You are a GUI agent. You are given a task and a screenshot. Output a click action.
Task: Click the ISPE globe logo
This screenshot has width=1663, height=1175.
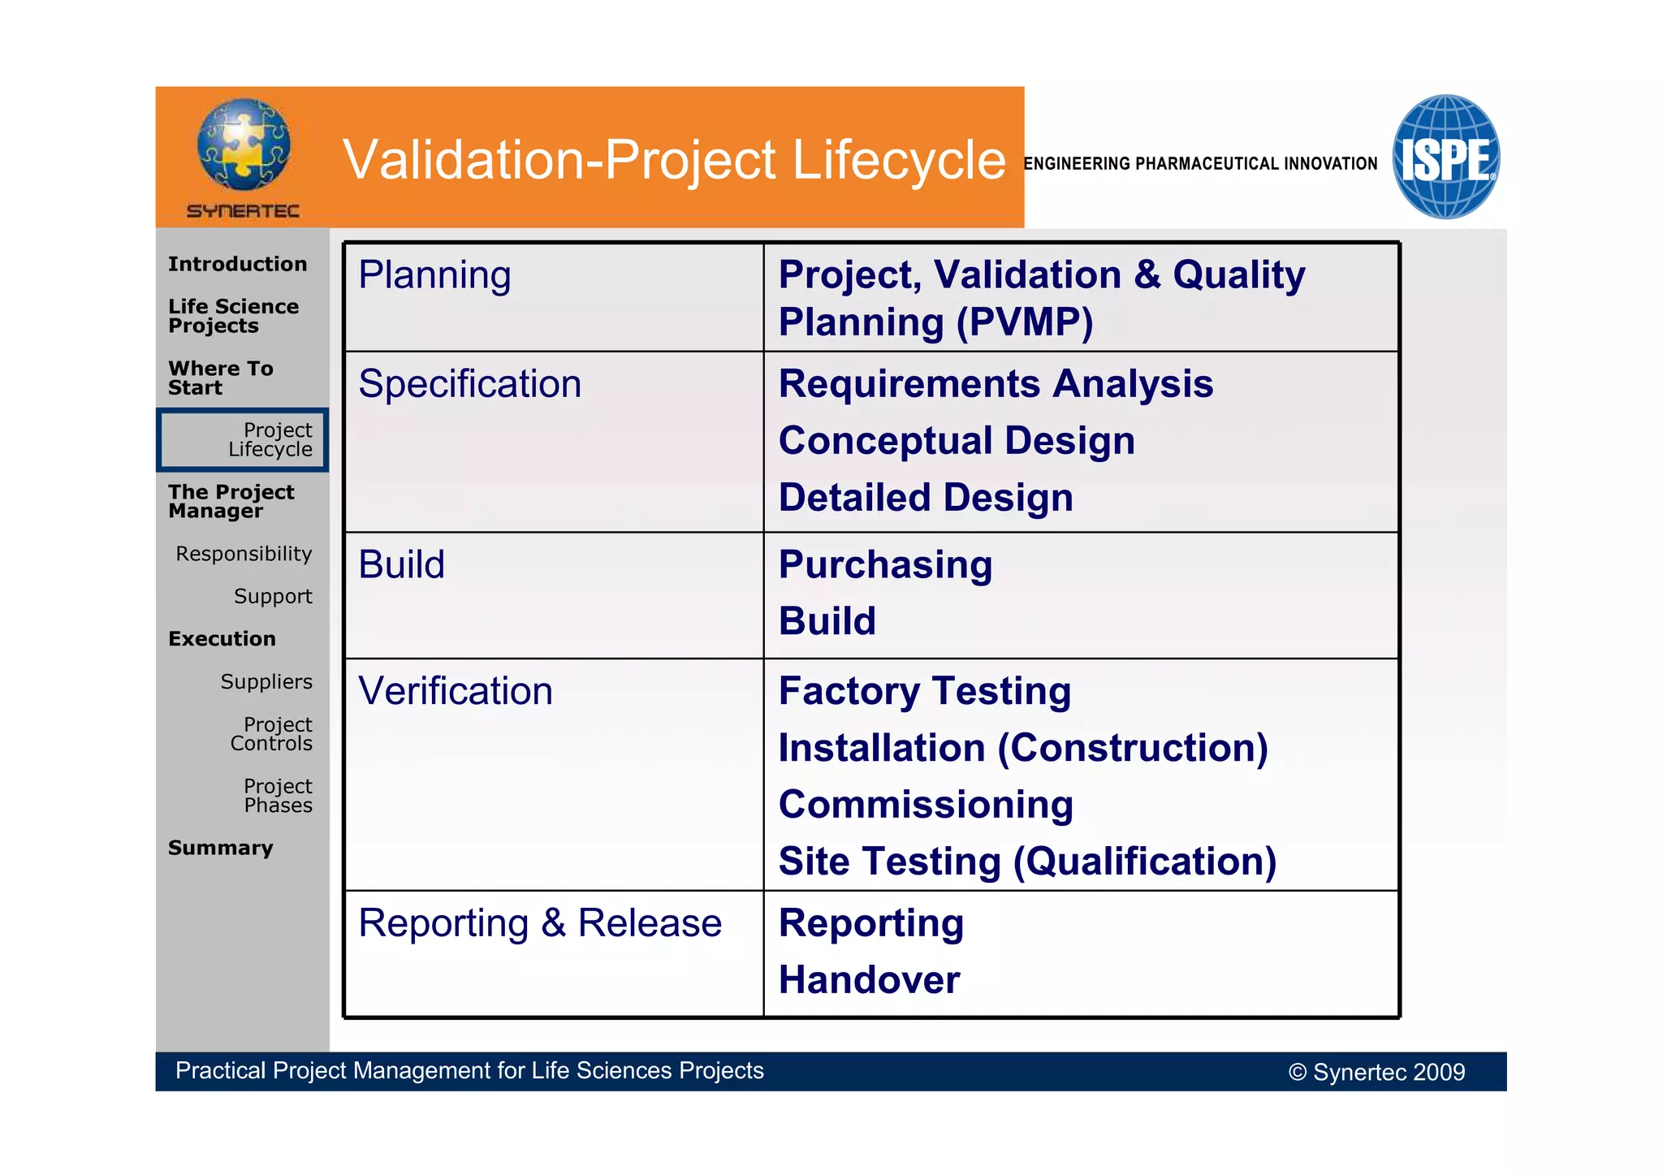pos(1445,157)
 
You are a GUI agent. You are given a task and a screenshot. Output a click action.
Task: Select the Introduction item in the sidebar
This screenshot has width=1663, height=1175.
pos(237,264)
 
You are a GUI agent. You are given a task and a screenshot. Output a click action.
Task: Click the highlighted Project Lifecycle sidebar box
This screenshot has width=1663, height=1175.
pos(243,439)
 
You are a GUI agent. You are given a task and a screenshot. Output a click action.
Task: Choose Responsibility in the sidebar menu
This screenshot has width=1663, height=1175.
pos(244,554)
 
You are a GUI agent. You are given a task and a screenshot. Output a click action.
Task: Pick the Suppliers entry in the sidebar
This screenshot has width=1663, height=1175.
pos(266,681)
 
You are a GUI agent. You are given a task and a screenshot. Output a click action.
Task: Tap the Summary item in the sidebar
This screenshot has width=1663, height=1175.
pos(220,848)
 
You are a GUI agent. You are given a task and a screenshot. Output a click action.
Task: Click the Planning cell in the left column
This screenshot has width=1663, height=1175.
pos(434,274)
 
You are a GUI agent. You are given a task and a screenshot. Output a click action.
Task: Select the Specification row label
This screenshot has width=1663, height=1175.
pos(469,383)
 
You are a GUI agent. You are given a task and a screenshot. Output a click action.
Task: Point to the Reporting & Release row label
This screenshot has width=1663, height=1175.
pos(539,923)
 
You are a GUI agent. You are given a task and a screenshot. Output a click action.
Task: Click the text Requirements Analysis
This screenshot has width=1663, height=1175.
pos(995,383)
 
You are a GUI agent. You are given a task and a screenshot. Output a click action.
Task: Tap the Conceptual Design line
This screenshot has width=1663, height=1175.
pos(956,441)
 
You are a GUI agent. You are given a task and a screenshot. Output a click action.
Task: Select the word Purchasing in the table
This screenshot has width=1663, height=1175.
pos(885,564)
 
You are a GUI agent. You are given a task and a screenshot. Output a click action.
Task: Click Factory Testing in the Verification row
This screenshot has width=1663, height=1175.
pos(924,691)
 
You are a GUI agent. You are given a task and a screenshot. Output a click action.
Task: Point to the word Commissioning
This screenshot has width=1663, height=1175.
pos(926,805)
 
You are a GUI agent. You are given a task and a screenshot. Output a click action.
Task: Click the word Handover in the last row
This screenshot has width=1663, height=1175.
pos(869,980)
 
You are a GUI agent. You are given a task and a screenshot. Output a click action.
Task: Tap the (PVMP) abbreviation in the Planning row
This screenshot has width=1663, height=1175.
pos(1025,322)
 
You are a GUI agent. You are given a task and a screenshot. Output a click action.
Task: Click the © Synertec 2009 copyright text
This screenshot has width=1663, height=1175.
pos(1376,1072)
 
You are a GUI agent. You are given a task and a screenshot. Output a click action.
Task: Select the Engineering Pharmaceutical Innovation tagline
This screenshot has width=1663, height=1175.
pos(1199,163)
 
